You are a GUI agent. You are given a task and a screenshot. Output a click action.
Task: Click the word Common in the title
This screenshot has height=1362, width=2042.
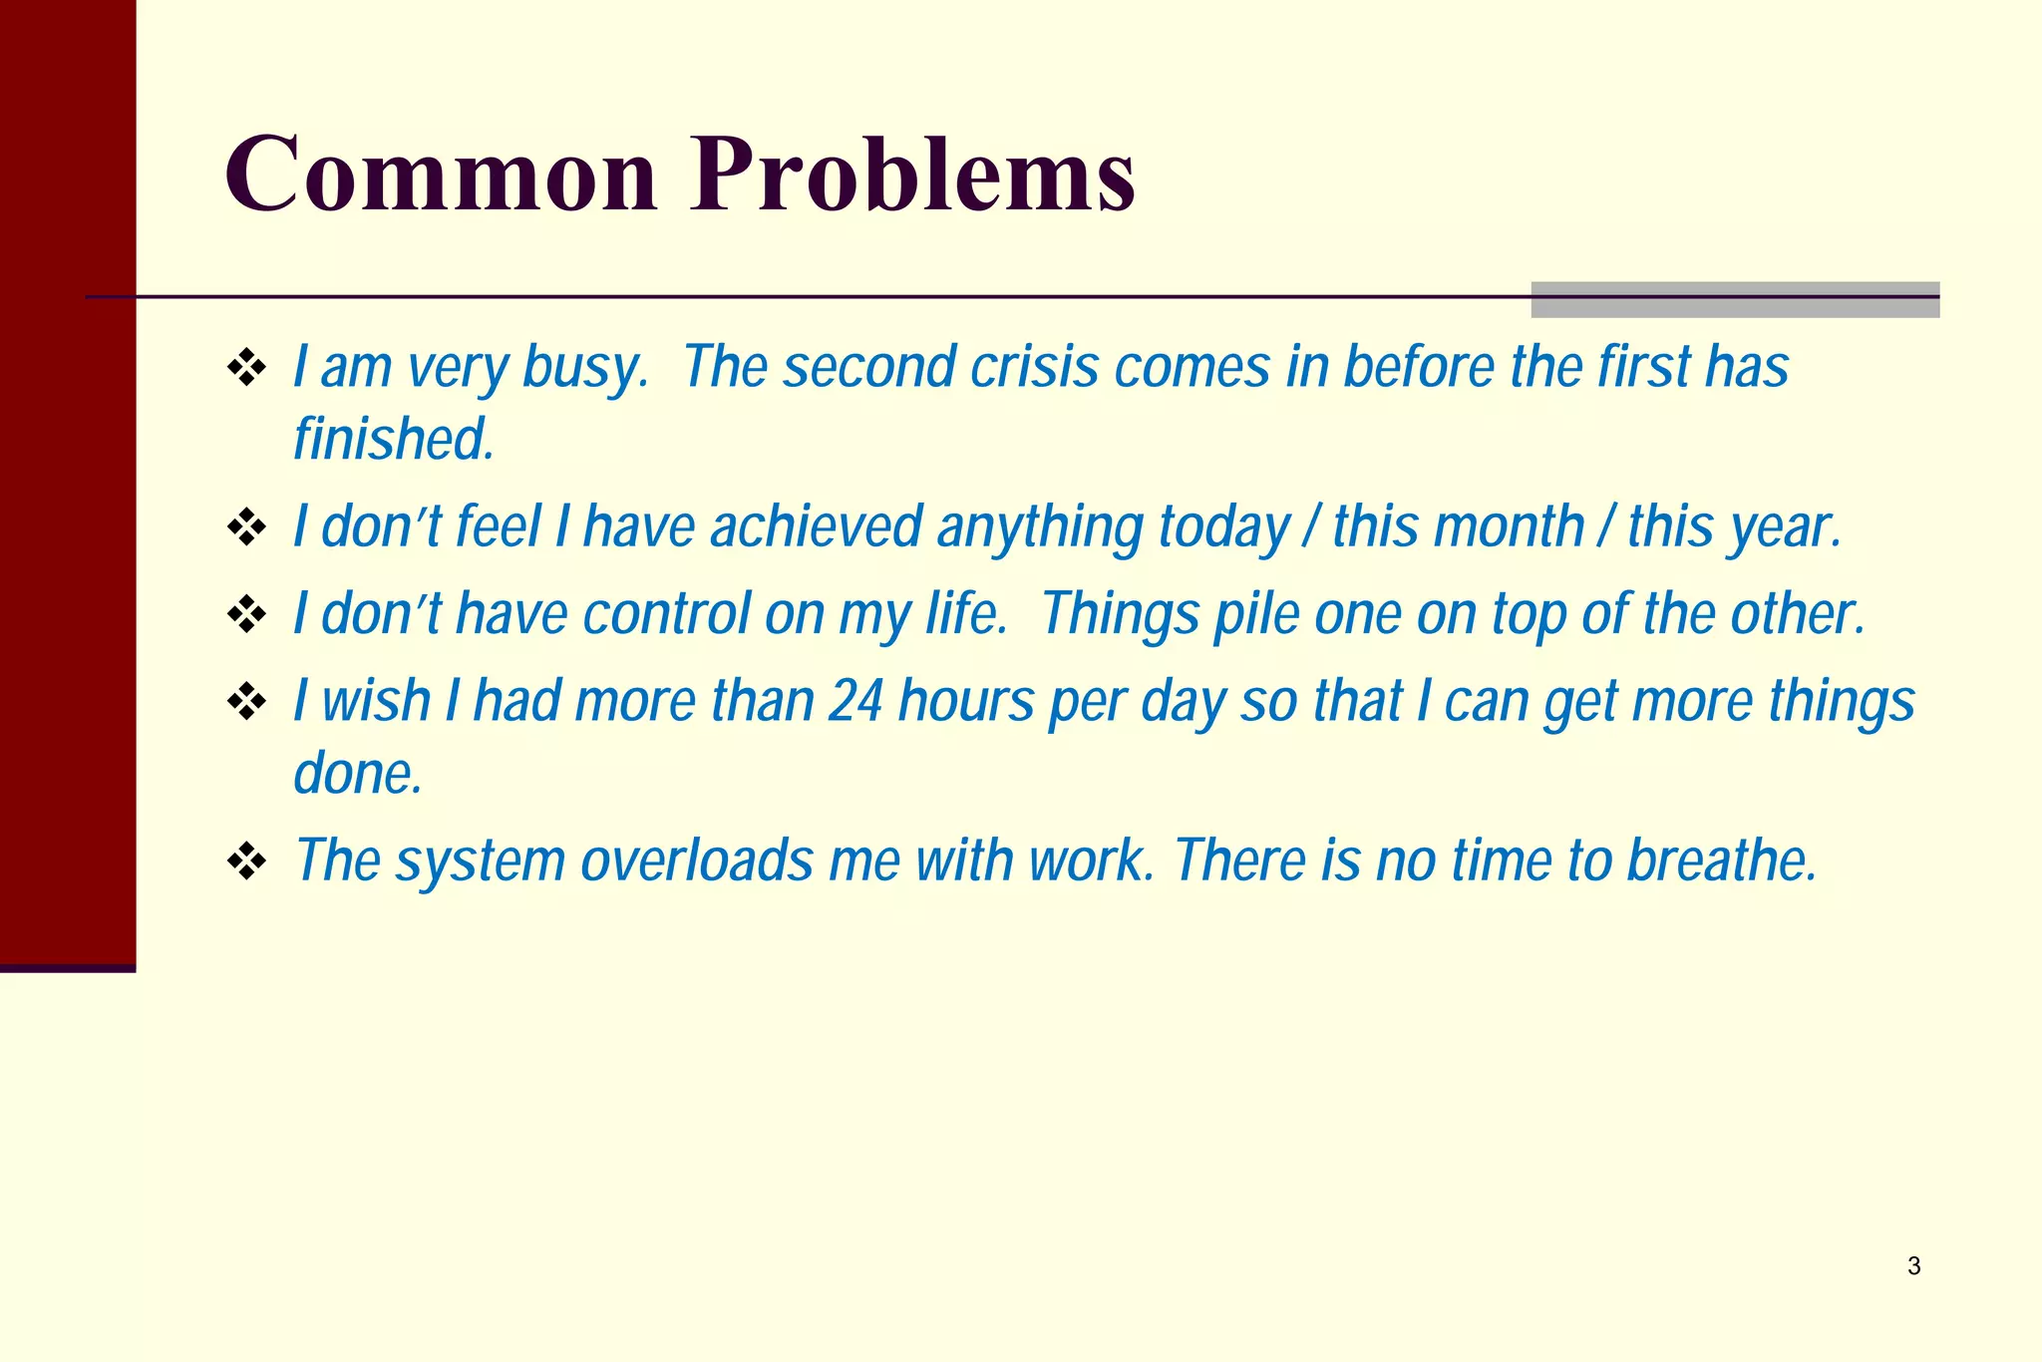point(441,174)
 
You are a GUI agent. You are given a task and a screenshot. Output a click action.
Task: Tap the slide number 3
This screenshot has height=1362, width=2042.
point(1913,1266)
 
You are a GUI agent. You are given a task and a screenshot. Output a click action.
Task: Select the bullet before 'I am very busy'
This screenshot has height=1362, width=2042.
point(246,368)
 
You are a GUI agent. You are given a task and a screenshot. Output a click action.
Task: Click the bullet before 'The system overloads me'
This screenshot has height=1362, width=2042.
point(246,861)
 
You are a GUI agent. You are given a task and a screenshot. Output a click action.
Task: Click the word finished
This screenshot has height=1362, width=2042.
point(393,440)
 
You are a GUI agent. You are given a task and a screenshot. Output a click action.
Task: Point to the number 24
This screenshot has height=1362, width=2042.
point(855,701)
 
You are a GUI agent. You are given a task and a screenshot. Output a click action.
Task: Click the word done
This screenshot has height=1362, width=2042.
point(357,774)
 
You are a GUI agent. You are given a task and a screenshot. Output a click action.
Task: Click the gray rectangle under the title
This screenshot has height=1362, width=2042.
point(1735,300)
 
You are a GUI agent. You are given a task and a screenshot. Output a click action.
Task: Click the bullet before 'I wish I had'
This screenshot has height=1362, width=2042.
point(246,702)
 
